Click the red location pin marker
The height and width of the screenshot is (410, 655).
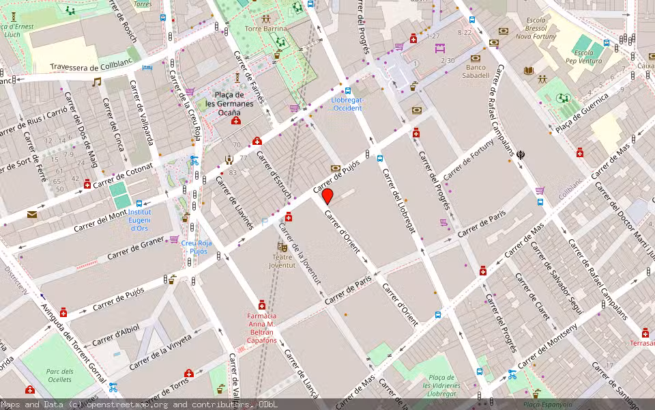click(327, 197)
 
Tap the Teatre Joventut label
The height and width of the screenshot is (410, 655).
click(282, 260)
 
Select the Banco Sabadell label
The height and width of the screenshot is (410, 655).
click(478, 71)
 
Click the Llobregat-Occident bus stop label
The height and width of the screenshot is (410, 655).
click(347, 104)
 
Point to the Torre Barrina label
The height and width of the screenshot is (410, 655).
click(266, 29)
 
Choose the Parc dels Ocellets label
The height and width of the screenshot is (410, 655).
click(59, 375)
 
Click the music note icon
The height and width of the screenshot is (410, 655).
click(97, 82)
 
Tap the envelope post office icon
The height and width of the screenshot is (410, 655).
click(31, 214)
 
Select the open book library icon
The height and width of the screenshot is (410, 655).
click(529, 70)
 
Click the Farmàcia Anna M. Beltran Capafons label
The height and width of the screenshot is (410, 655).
click(262, 327)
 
